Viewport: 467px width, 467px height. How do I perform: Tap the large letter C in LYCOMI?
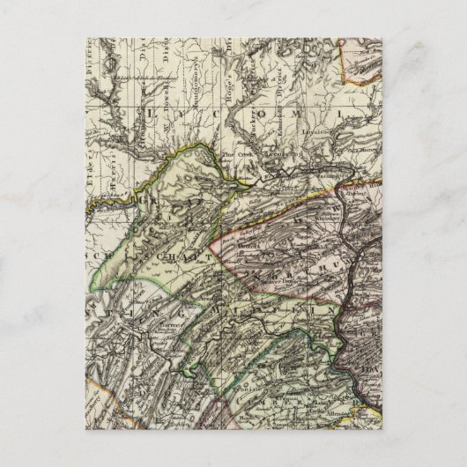(x=217, y=113)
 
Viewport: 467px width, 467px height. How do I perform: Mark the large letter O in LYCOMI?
(x=271, y=113)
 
